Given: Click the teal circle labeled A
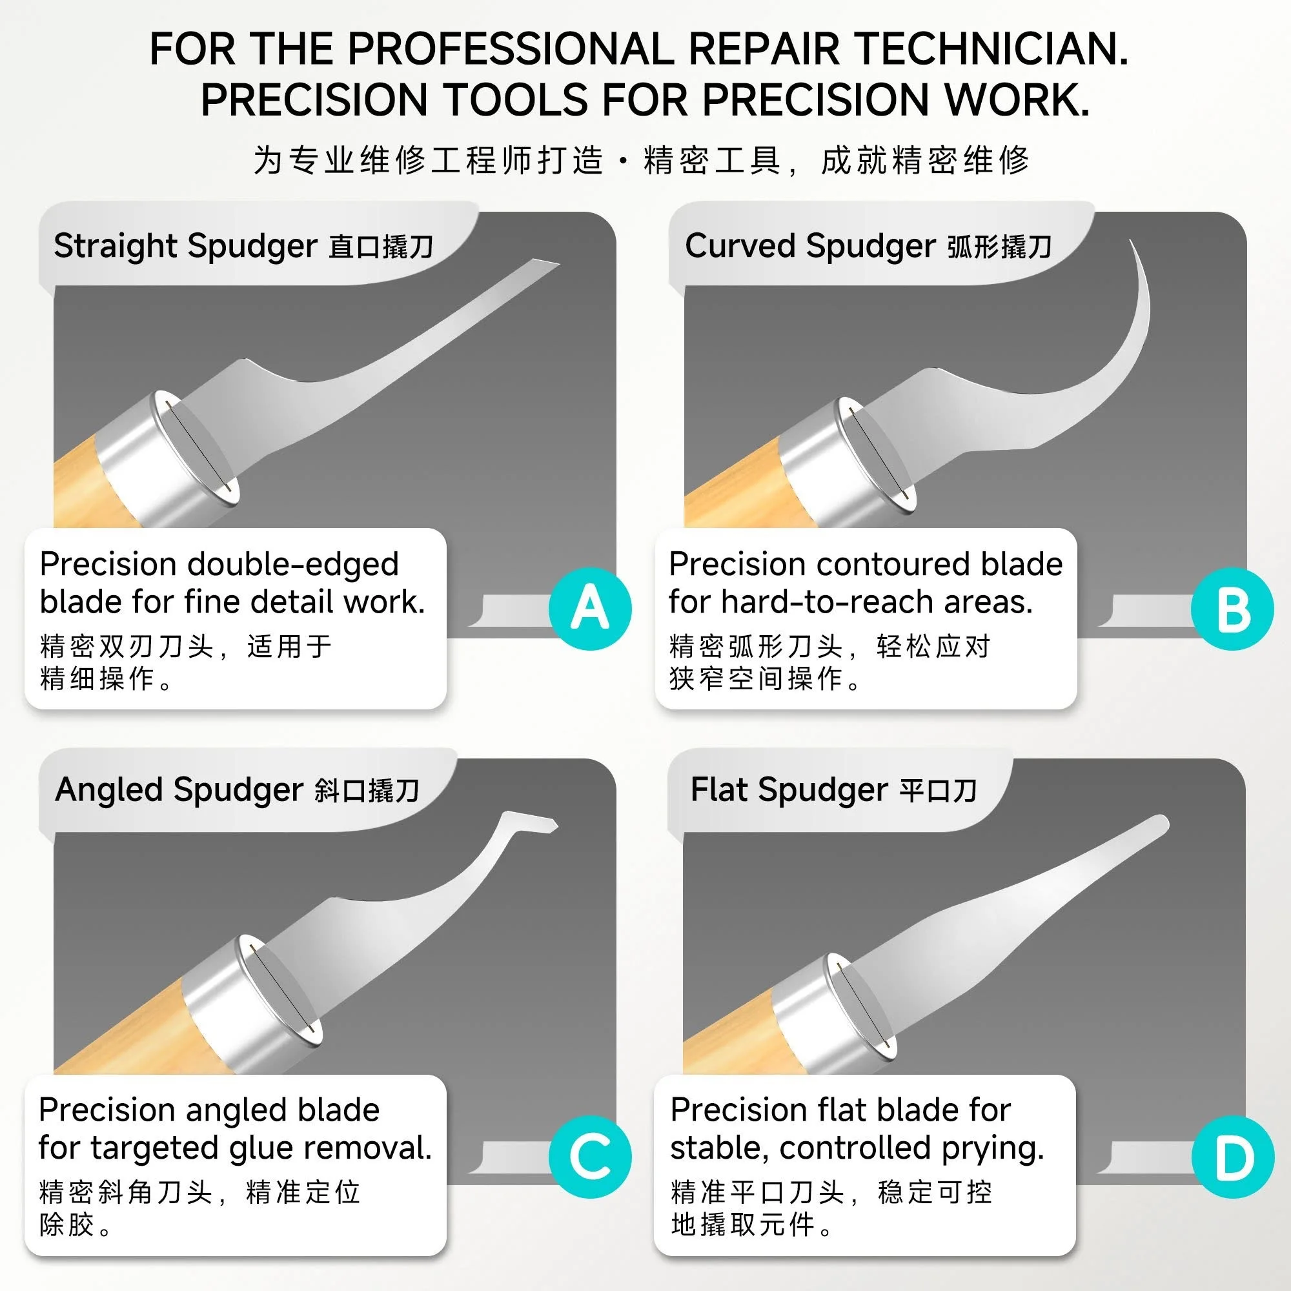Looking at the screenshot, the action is tap(590, 609).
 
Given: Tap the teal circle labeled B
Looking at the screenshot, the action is tap(1232, 609).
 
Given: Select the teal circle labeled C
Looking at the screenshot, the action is tap(590, 1157).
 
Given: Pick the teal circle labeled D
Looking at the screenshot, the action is tap(1234, 1157).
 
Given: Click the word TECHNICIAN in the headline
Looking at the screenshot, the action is tap(991, 49).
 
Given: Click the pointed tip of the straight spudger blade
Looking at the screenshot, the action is tap(558, 264).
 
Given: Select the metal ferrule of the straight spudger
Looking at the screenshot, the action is tap(167, 454).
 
